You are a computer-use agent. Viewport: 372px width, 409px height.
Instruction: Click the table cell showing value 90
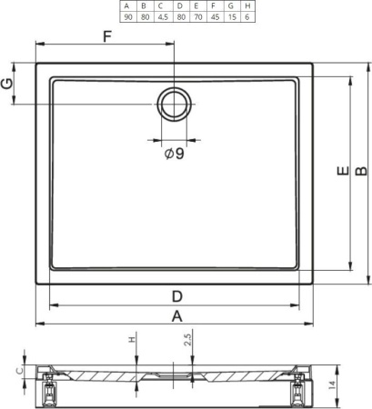click(128, 17)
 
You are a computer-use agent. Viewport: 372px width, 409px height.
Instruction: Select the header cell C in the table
click(161, 5)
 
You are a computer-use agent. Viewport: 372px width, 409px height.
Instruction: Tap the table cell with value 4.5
click(163, 17)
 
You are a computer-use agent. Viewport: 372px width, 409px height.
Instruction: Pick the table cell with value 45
click(215, 17)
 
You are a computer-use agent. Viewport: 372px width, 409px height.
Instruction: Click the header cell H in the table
click(247, 5)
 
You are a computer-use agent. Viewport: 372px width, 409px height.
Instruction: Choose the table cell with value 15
click(232, 17)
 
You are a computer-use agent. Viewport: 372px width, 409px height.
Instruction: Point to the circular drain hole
click(175, 104)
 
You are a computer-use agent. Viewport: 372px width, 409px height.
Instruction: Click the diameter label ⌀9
click(175, 154)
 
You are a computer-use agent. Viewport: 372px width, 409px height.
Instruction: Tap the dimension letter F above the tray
click(107, 36)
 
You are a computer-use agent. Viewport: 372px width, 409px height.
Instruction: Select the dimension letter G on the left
click(7, 84)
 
